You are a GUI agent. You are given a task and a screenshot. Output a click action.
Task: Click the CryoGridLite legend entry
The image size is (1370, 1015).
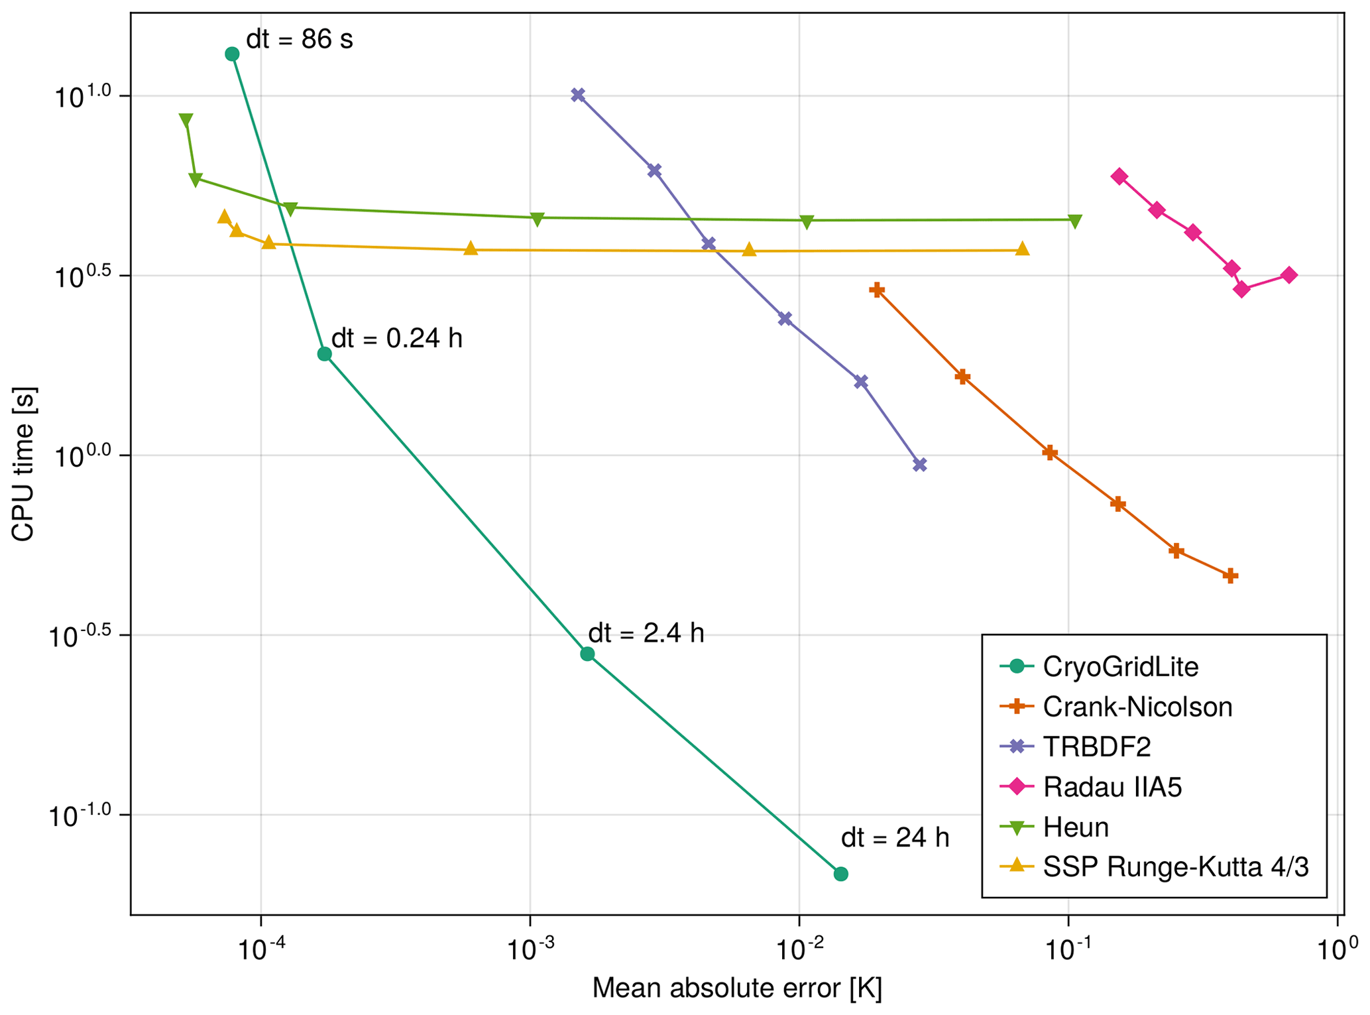pos(1120,666)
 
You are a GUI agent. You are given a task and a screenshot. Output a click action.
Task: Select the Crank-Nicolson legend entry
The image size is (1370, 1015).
pos(1137,707)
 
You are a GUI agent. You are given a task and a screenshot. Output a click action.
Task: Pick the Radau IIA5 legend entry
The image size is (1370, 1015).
pos(1112,787)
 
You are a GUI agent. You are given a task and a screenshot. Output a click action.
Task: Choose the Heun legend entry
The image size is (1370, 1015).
pos(1075,827)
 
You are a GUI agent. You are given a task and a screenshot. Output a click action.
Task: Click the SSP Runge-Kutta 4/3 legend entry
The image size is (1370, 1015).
pos(1175,866)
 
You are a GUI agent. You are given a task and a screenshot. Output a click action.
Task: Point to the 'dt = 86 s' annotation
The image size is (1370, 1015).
pos(300,40)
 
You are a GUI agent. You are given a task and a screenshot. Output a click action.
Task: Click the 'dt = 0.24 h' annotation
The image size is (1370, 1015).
pos(396,339)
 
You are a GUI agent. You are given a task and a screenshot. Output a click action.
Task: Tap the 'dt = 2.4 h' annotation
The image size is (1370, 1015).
pos(646,633)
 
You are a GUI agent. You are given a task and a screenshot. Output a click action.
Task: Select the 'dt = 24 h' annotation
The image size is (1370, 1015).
pos(895,838)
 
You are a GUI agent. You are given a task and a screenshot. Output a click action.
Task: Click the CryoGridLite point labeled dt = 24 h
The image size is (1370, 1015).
pos(840,874)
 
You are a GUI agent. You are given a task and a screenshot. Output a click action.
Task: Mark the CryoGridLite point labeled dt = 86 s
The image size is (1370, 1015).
pos(232,54)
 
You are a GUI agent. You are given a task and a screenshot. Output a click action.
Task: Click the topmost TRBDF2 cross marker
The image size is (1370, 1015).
pos(578,95)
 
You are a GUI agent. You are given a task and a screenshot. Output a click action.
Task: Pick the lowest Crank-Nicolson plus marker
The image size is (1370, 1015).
pos(1231,575)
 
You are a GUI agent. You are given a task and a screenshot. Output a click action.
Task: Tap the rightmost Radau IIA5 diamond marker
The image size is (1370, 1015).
pos(1289,275)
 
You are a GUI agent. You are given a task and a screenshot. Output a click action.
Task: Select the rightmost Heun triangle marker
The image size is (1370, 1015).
pos(1075,221)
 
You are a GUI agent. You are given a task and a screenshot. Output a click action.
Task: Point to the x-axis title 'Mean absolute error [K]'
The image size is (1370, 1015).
pos(737,988)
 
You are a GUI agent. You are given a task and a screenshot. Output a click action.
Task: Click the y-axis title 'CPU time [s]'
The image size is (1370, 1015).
pos(23,464)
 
